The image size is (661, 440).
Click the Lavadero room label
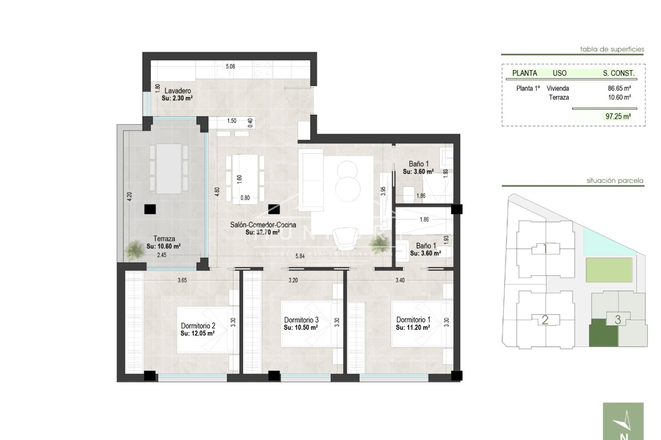177,91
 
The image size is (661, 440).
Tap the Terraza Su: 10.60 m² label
164,242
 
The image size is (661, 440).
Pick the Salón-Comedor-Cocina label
263,225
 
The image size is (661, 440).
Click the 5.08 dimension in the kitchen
230,66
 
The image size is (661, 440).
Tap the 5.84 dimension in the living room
300,256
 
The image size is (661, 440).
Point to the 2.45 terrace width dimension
161,255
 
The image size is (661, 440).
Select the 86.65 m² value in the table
619,88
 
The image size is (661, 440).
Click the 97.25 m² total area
618,116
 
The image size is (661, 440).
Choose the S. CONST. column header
618,73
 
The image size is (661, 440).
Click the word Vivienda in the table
558,88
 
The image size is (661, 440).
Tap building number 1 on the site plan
545,249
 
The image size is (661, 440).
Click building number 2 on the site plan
545,320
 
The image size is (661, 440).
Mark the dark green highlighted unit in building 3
604,332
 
